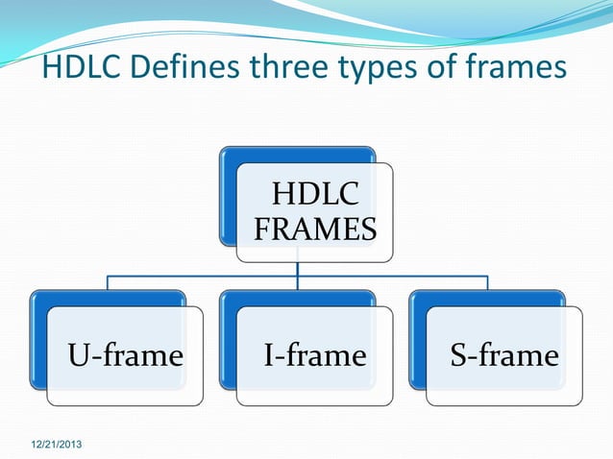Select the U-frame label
pyautogui.click(x=125, y=356)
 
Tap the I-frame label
pyautogui.click(x=315, y=356)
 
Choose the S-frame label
pyautogui.click(x=504, y=356)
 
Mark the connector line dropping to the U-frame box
pyautogui.click(x=107, y=282)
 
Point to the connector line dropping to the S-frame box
pyautogui.click(x=487, y=282)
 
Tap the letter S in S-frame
pyautogui.click(x=459, y=356)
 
